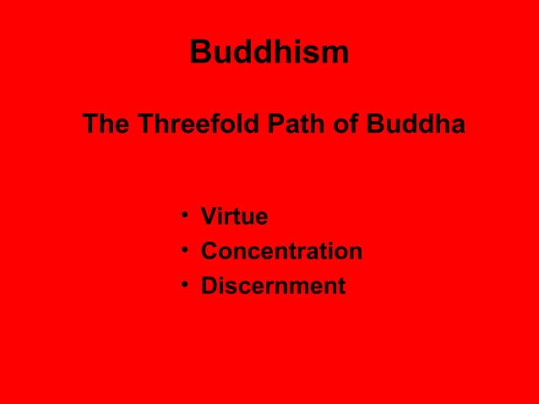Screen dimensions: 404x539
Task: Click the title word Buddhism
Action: pos(269,52)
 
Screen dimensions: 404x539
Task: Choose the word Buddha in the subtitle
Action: pos(415,125)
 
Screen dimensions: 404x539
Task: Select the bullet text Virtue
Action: pos(234,217)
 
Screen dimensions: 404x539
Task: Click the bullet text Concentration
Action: pos(281,251)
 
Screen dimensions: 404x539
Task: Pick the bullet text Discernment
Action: pos(273,286)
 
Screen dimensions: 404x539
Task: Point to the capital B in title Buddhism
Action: pos(201,52)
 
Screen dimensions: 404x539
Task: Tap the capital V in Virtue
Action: pos(208,217)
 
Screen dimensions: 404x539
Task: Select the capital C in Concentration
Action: pos(209,251)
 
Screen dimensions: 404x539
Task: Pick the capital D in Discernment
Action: pos(209,286)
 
